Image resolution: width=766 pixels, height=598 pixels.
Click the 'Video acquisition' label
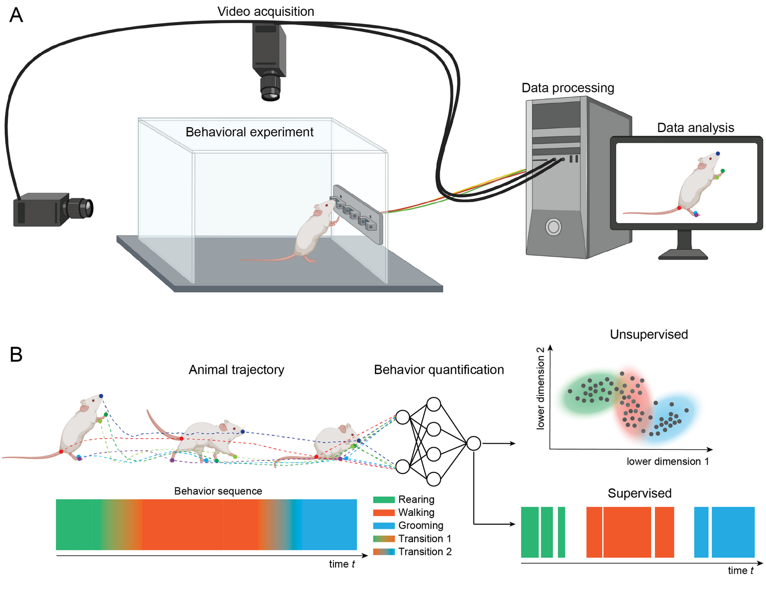(265, 12)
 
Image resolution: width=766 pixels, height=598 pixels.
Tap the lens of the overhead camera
(271, 88)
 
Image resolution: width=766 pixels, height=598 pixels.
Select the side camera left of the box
(53, 210)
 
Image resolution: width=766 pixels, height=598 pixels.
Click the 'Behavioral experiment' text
(249, 132)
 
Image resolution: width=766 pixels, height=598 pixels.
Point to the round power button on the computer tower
(553, 227)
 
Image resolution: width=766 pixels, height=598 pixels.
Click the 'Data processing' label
(568, 88)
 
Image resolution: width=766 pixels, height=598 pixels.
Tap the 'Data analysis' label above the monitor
(695, 127)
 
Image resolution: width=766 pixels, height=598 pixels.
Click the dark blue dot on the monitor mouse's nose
(718, 153)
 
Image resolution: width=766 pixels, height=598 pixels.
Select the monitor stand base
(683, 254)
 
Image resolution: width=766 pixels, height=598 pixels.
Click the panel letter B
(16, 354)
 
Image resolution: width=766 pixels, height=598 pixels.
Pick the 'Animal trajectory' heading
(236, 370)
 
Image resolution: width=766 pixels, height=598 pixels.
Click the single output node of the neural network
(473, 444)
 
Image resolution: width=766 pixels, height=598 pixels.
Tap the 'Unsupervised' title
(649, 334)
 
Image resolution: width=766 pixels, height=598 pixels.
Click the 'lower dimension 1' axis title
(667, 462)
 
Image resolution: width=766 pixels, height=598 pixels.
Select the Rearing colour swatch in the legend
(384, 500)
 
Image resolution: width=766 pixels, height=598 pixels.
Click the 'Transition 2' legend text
(425, 551)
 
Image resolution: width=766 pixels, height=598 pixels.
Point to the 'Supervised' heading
(639, 493)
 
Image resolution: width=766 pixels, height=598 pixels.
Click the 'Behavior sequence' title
(218, 491)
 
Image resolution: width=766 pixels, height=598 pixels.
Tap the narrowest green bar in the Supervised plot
(561, 532)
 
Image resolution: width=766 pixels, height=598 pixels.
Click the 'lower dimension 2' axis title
(540, 388)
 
